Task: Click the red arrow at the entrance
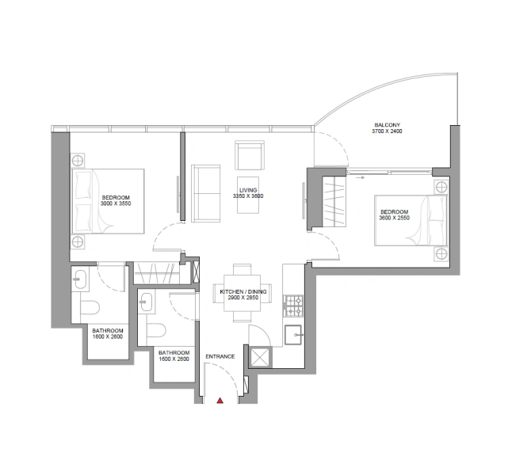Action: click(x=220, y=401)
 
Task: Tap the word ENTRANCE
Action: click(x=220, y=357)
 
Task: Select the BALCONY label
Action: click(x=388, y=124)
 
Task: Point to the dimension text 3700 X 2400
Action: click(x=388, y=131)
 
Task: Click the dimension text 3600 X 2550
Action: click(x=394, y=218)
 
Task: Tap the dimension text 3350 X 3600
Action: click(x=250, y=197)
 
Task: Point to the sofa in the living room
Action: click(x=206, y=193)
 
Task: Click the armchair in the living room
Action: click(x=250, y=153)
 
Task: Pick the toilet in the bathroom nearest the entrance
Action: click(x=156, y=330)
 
